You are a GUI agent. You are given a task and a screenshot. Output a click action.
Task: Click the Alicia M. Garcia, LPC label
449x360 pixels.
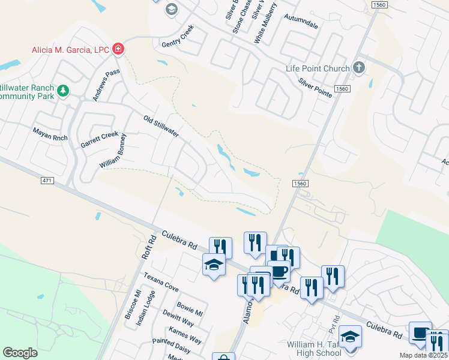pyautogui.click(x=71, y=49)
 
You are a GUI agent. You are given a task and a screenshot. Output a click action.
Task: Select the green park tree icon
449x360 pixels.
pyautogui.click(x=62, y=92)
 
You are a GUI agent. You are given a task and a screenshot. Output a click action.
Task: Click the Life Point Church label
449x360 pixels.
pyautogui.click(x=318, y=68)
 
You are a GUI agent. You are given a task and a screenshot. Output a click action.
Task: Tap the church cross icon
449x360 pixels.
pyautogui.click(x=359, y=67)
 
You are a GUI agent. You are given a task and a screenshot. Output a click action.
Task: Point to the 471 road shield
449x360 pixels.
pyautogui.click(x=48, y=181)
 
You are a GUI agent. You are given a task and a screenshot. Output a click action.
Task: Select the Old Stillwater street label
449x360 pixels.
pyautogui.click(x=161, y=126)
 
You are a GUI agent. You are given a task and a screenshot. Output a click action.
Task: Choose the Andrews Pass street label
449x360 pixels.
pyautogui.click(x=106, y=85)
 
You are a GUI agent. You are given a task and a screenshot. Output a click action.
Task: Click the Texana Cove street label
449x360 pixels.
pyautogui.click(x=160, y=282)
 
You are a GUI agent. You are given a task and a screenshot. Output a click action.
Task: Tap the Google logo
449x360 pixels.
pyautogui.click(x=20, y=353)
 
